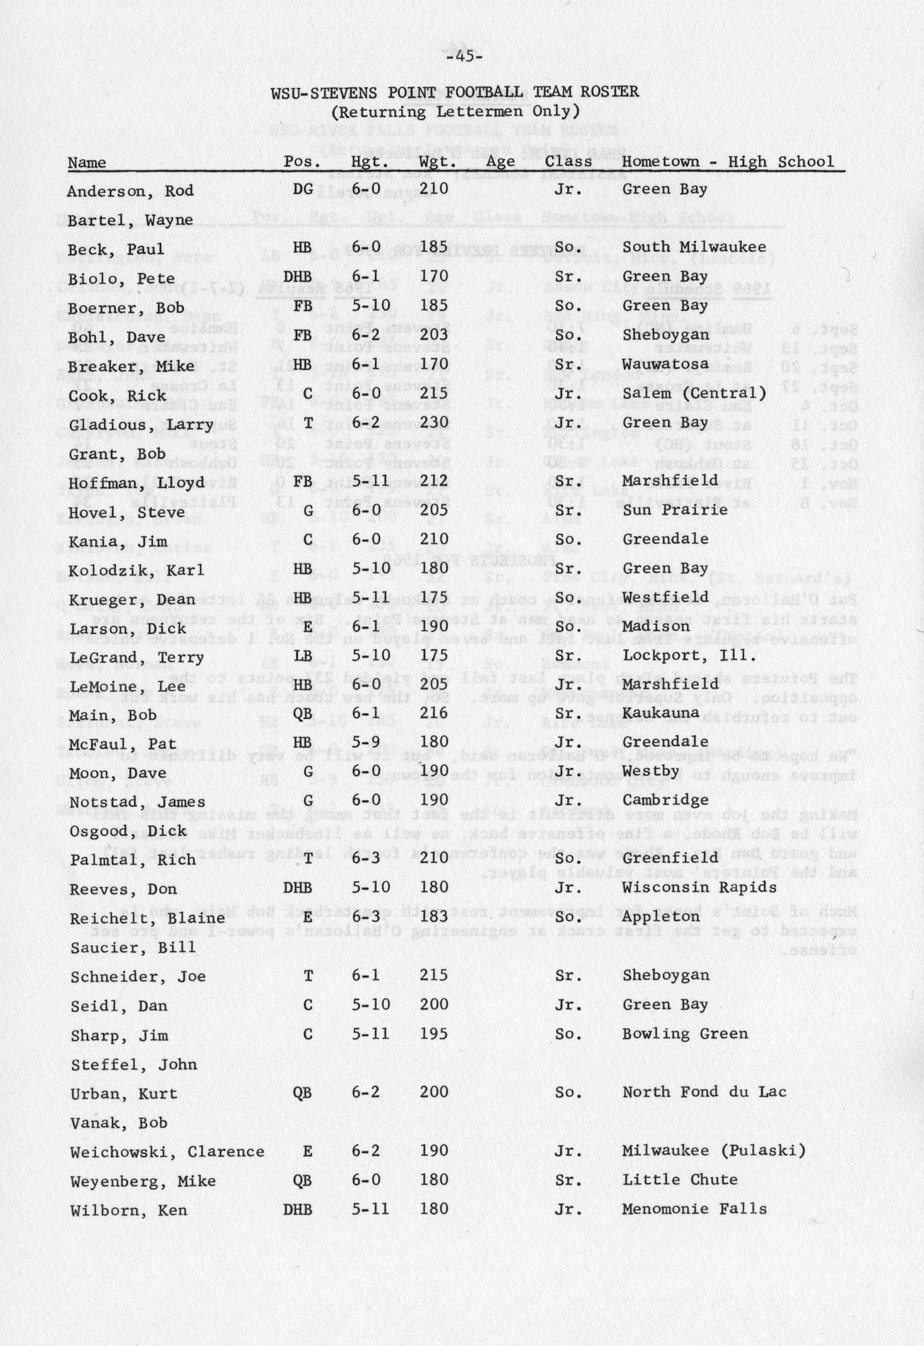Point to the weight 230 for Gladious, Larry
pyautogui.click(x=433, y=423)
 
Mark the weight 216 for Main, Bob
pyautogui.click(x=433, y=713)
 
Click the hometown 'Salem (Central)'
pyautogui.click(x=694, y=394)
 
